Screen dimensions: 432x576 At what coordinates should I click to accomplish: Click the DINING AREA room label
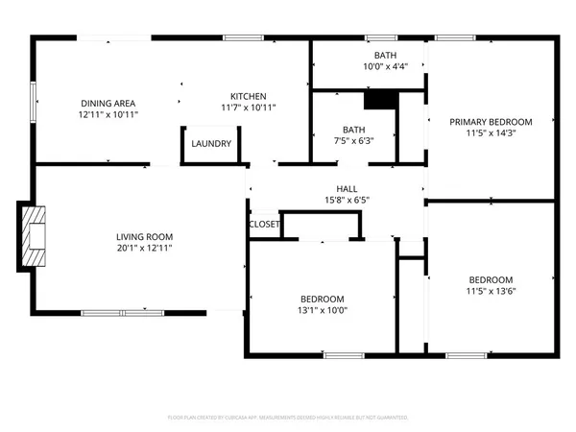(108, 103)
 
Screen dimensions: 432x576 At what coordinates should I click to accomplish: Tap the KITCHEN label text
(248, 96)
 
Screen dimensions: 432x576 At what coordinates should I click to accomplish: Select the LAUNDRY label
(210, 144)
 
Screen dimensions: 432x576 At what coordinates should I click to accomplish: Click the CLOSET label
(264, 224)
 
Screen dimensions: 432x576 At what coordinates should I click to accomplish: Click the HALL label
(347, 188)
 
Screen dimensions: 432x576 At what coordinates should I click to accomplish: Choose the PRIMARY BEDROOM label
(491, 122)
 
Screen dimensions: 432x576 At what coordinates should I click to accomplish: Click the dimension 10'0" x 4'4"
(385, 67)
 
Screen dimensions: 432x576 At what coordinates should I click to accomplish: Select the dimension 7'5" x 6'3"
(352, 140)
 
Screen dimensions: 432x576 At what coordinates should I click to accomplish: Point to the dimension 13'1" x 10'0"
(322, 310)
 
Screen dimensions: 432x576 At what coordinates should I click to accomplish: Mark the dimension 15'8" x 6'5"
(347, 201)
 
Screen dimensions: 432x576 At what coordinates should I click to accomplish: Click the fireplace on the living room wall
(33, 235)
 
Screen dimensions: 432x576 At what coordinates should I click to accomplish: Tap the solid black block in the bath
(380, 100)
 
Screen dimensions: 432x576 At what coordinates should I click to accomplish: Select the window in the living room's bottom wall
(122, 312)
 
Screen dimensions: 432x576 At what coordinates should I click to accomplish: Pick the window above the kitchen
(237, 37)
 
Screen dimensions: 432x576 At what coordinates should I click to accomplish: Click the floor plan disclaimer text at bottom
(288, 418)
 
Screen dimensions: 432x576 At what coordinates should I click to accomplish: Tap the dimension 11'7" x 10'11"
(248, 108)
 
